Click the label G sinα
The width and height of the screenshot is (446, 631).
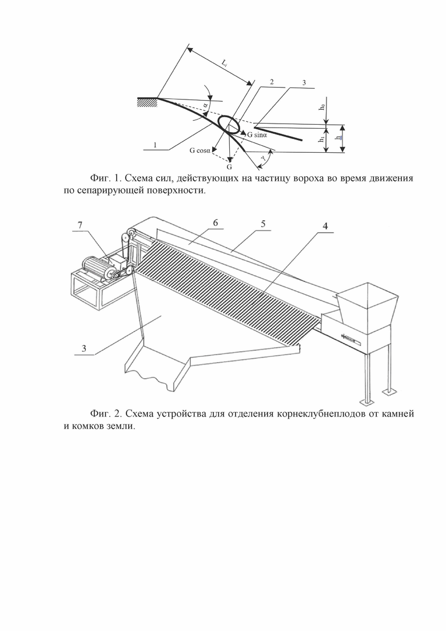[x=261, y=135]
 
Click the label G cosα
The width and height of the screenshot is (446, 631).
[x=201, y=150]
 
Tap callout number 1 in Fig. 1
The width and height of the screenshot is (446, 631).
[x=155, y=145]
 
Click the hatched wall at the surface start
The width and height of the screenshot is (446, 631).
[x=146, y=102]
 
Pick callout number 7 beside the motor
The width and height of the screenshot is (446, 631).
[x=80, y=225]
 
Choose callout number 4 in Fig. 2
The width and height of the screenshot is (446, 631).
[x=325, y=226]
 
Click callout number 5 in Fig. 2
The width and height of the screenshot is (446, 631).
[x=262, y=224]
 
